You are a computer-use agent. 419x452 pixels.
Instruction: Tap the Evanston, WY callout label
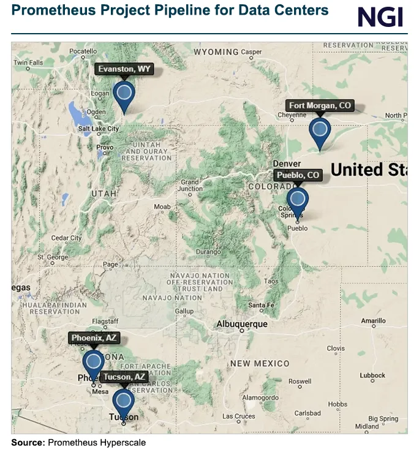pyautogui.click(x=124, y=69)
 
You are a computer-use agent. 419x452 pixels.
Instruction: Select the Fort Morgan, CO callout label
pyautogui.click(x=320, y=106)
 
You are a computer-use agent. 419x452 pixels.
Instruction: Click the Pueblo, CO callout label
pyautogui.click(x=298, y=176)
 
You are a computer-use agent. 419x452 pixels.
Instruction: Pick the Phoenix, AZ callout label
pyautogui.click(x=94, y=338)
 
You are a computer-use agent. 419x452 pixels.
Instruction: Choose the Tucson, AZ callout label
pyautogui.click(x=124, y=377)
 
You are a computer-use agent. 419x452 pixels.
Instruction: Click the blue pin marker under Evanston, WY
pyautogui.click(x=124, y=95)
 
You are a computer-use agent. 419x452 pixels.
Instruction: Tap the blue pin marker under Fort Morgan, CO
pyautogui.click(x=320, y=131)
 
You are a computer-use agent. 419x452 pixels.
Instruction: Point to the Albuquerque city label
pyautogui.click(x=242, y=324)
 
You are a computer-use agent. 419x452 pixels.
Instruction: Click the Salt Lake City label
pyautogui.click(x=99, y=129)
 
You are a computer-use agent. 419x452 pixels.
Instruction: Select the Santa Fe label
pyautogui.click(x=261, y=305)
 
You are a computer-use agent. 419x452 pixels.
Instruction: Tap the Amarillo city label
pyautogui.click(x=373, y=320)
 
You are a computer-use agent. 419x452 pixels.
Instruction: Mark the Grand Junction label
pyautogui.click(x=190, y=186)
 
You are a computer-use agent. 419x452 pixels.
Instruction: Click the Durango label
pyautogui.click(x=208, y=252)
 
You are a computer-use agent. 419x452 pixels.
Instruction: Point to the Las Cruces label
pyautogui.click(x=238, y=416)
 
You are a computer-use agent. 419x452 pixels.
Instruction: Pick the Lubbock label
pyautogui.click(x=372, y=375)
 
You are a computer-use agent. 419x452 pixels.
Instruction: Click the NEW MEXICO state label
pyautogui.click(x=260, y=364)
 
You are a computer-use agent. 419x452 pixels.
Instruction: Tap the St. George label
pyautogui.click(x=53, y=257)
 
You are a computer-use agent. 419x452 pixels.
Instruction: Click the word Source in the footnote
pyautogui.click(x=27, y=442)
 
